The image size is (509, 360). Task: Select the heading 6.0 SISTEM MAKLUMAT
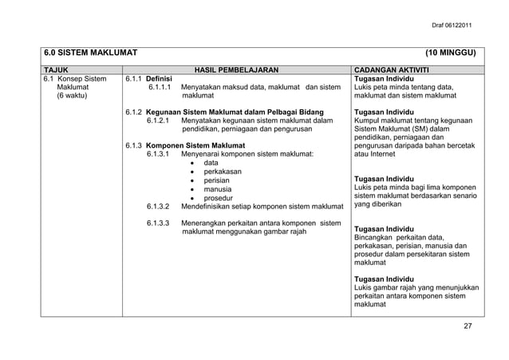[90, 54]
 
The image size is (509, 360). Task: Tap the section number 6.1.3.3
[164, 224]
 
